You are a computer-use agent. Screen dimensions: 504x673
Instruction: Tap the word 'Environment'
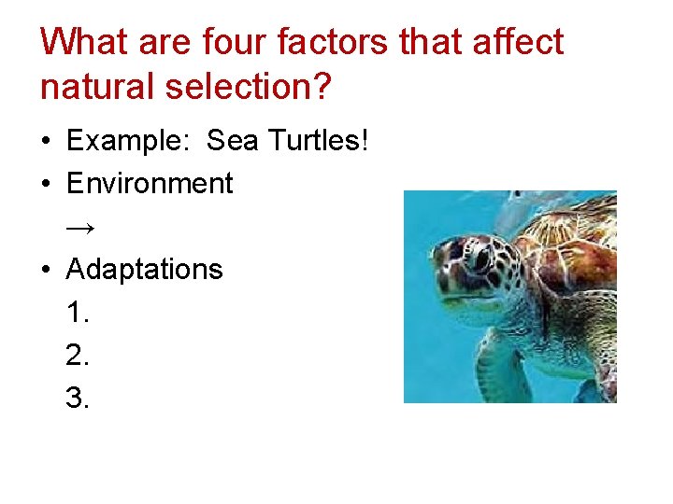click(150, 184)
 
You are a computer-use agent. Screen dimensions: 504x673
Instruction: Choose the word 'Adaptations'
click(145, 270)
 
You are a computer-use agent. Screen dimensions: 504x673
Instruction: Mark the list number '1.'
click(79, 313)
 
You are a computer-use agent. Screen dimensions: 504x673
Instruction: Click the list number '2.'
click(79, 356)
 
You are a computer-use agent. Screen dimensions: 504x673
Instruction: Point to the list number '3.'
click(79, 399)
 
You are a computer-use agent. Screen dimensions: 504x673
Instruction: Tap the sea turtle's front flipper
click(495, 364)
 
